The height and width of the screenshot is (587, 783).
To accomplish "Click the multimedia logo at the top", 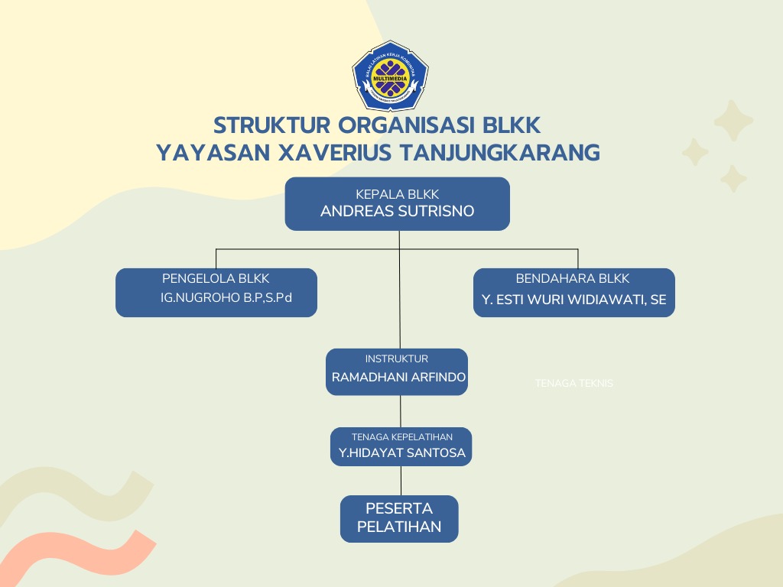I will pyautogui.click(x=391, y=75).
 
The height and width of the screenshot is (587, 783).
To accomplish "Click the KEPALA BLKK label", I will pyautogui.click(x=397, y=194).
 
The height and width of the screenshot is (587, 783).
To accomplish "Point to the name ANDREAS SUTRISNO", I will pyautogui.click(x=397, y=212).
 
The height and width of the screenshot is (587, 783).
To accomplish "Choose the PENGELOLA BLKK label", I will pyautogui.click(x=216, y=279).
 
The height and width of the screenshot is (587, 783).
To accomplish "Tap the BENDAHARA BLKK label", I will pyautogui.click(x=573, y=279).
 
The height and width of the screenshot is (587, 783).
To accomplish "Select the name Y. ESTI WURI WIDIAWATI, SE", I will pyautogui.click(x=573, y=300).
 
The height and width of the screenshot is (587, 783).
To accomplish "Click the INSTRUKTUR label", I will pyautogui.click(x=396, y=358).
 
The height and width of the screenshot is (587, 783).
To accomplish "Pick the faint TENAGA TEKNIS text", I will pyautogui.click(x=574, y=384).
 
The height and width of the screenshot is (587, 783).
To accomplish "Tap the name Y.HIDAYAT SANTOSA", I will pyautogui.click(x=401, y=453).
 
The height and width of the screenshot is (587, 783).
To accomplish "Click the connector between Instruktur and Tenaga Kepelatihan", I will pyautogui.click(x=401, y=411).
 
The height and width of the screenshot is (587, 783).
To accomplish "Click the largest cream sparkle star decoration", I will pyautogui.click(x=733, y=121).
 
